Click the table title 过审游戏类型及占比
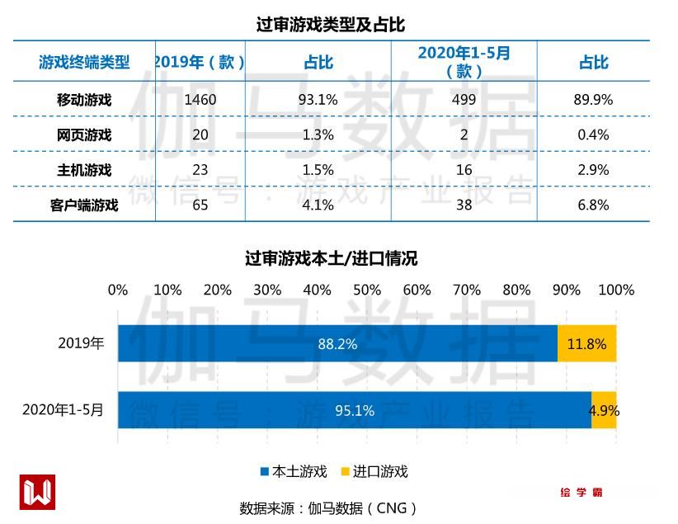pos(330,24)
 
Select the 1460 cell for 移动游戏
pos(200,100)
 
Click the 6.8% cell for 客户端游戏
pos(592,205)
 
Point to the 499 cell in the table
pos(464,100)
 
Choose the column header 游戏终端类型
pos(84,63)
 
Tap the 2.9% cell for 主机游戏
pos(592,170)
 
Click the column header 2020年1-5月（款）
pos(464,62)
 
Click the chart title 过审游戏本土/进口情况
pos(331,258)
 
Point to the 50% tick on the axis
pos(367,290)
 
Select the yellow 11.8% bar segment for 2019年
pos(586,343)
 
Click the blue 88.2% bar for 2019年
pos(337,343)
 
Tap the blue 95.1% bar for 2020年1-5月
pos(355,410)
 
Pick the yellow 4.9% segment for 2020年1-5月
pos(604,410)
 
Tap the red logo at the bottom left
pos(37,492)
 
